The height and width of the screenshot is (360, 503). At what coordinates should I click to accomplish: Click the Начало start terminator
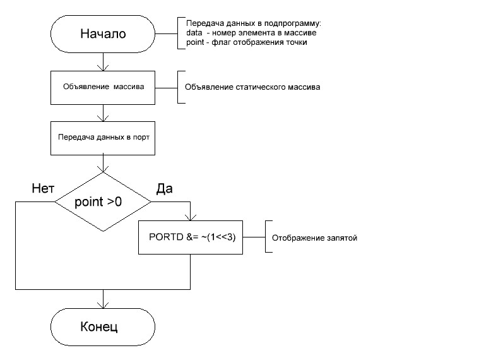pyautogui.click(x=103, y=33)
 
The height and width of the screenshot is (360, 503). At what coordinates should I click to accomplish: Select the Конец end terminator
pyautogui.click(x=103, y=327)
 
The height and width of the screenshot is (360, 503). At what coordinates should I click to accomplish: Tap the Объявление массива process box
pyautogui.click(x=103, y=87)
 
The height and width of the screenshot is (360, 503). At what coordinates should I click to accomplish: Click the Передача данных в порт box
pyautogui.click(x=103, y=136)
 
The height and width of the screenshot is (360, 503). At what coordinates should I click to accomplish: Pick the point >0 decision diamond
pyautogui.click(x=103, y=202)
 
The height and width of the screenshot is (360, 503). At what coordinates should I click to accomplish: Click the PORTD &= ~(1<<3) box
pyautogui.click(x=191, y=237)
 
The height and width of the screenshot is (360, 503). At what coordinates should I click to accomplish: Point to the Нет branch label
pyautogui.click(x=42, y=188)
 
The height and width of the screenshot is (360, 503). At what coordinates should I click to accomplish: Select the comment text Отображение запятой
pyautogui.click(x=314, y=238)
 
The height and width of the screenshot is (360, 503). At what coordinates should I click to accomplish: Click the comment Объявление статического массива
pyautogui.click(x=252, y=87)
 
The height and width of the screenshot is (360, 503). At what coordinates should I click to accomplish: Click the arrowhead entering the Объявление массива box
pyautogui.click(x=103, y=68)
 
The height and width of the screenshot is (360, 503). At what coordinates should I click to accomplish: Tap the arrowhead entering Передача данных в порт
pyautogui.click(x=103, y=117)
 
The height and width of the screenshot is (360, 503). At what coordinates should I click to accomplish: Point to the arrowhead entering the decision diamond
pyautogui.click(x=103, y=169)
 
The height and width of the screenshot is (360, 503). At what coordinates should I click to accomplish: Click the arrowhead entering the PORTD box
pyautogui.click(x=191, y=218)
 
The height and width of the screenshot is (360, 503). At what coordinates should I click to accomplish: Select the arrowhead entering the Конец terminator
pyautogui.click(x=103, y=305)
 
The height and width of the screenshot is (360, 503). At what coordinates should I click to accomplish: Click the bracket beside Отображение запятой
pyautogui.click(x=266, y=237)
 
